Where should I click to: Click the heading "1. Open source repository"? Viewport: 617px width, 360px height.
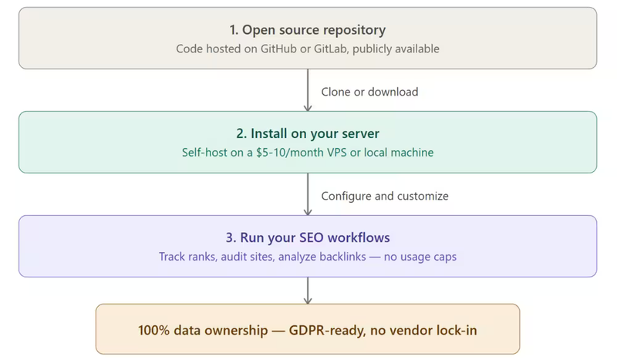308,30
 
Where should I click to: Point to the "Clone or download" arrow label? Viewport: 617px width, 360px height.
369,92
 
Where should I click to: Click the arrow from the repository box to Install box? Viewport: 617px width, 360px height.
308,90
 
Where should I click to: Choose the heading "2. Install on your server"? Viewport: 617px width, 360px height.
308,134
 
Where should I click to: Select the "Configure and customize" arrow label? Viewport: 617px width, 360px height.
384,196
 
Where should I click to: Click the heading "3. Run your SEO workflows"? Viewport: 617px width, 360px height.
308,237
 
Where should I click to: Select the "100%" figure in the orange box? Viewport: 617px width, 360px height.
154,330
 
